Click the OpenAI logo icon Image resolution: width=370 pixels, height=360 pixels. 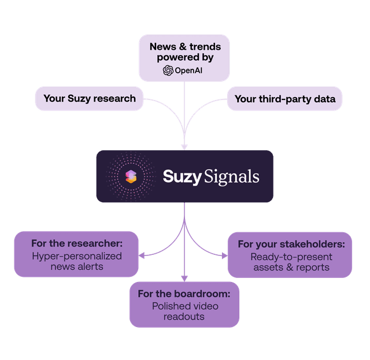pyautogui.click(x=168, y=70)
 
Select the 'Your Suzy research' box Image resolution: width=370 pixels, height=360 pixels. pyautogui.click(x=89, y=98)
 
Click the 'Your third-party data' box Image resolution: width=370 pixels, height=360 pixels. pyautogui.click(x=284, y=99)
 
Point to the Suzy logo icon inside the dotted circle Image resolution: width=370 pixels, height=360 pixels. pyautogui.click(x=131, y=176)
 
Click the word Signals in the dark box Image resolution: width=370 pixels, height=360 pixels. pyautogui.click(x=232, y=176)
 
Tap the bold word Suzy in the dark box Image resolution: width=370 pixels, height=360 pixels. pyautogui.click(x=182, y=176)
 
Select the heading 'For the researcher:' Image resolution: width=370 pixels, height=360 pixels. pyautogui.click(x=77, y=243)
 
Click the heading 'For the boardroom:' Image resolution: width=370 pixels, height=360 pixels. pyautogui.click(x=184, y=294)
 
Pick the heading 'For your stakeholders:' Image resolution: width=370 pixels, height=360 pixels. pyautogui.click(x=291, y=244)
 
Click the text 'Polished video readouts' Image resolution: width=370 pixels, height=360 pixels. pyautogui.click(x=184, y=311)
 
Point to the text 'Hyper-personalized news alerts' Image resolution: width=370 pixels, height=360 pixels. pyautogui.click(x=77, y=261)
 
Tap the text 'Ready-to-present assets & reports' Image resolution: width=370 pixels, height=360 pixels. pyautogui.click(x=290, y=261)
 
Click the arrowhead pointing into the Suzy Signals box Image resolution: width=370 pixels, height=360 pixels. pyautogui.click(x=184, y=147)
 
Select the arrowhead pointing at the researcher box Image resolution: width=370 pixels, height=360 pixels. pyautogui.click(x=143, y=255)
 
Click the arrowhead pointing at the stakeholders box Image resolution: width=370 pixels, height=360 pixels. pyautogui.click(x=224, y=255)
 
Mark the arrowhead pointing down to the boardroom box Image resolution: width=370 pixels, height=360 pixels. pyautogui.click(x=184, y=278)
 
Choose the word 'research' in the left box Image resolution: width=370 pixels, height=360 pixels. pyautogui.click(x=114, y=98)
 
